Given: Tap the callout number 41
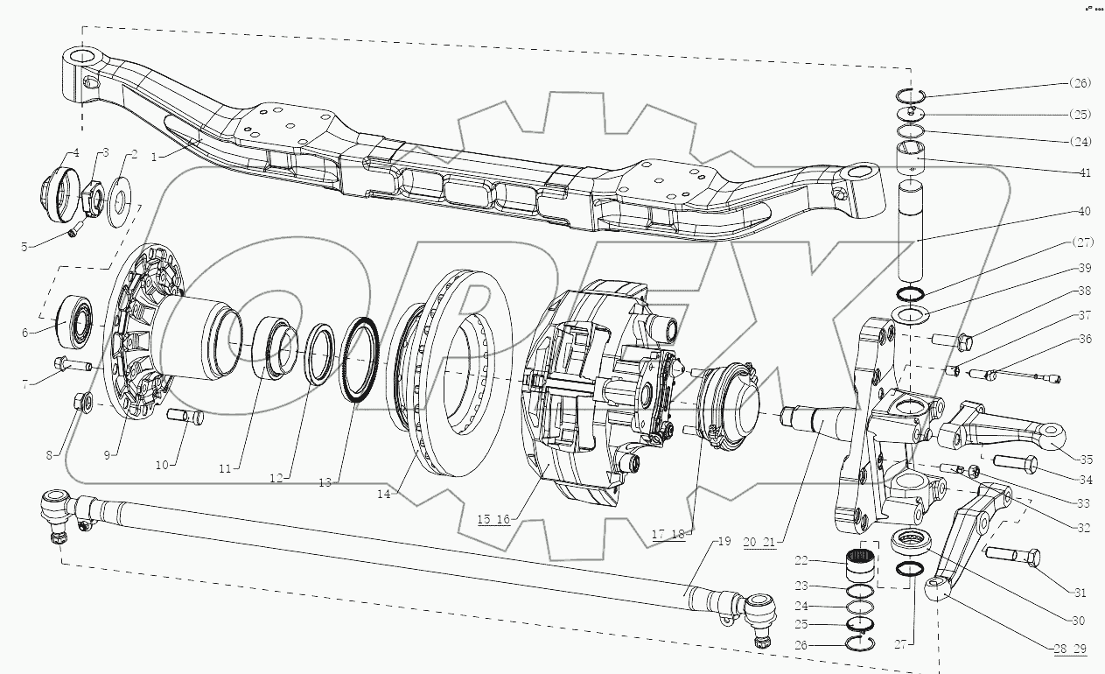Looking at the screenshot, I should pyautogui.click(x=1085, y=172).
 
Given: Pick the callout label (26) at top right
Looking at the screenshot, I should pyautogui.click(x=1080, y=84).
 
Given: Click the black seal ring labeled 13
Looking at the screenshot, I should pyautogui.click(x=358, y=361).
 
